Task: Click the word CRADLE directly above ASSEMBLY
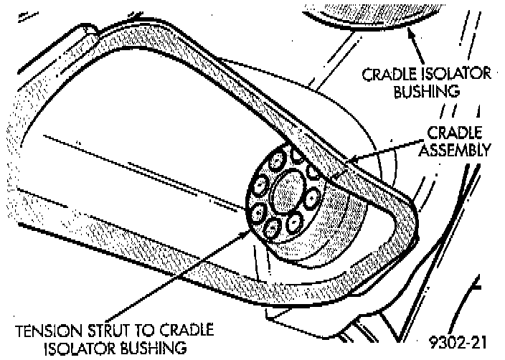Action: (x=460, y=134)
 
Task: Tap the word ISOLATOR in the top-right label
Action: (x=457, y=75)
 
